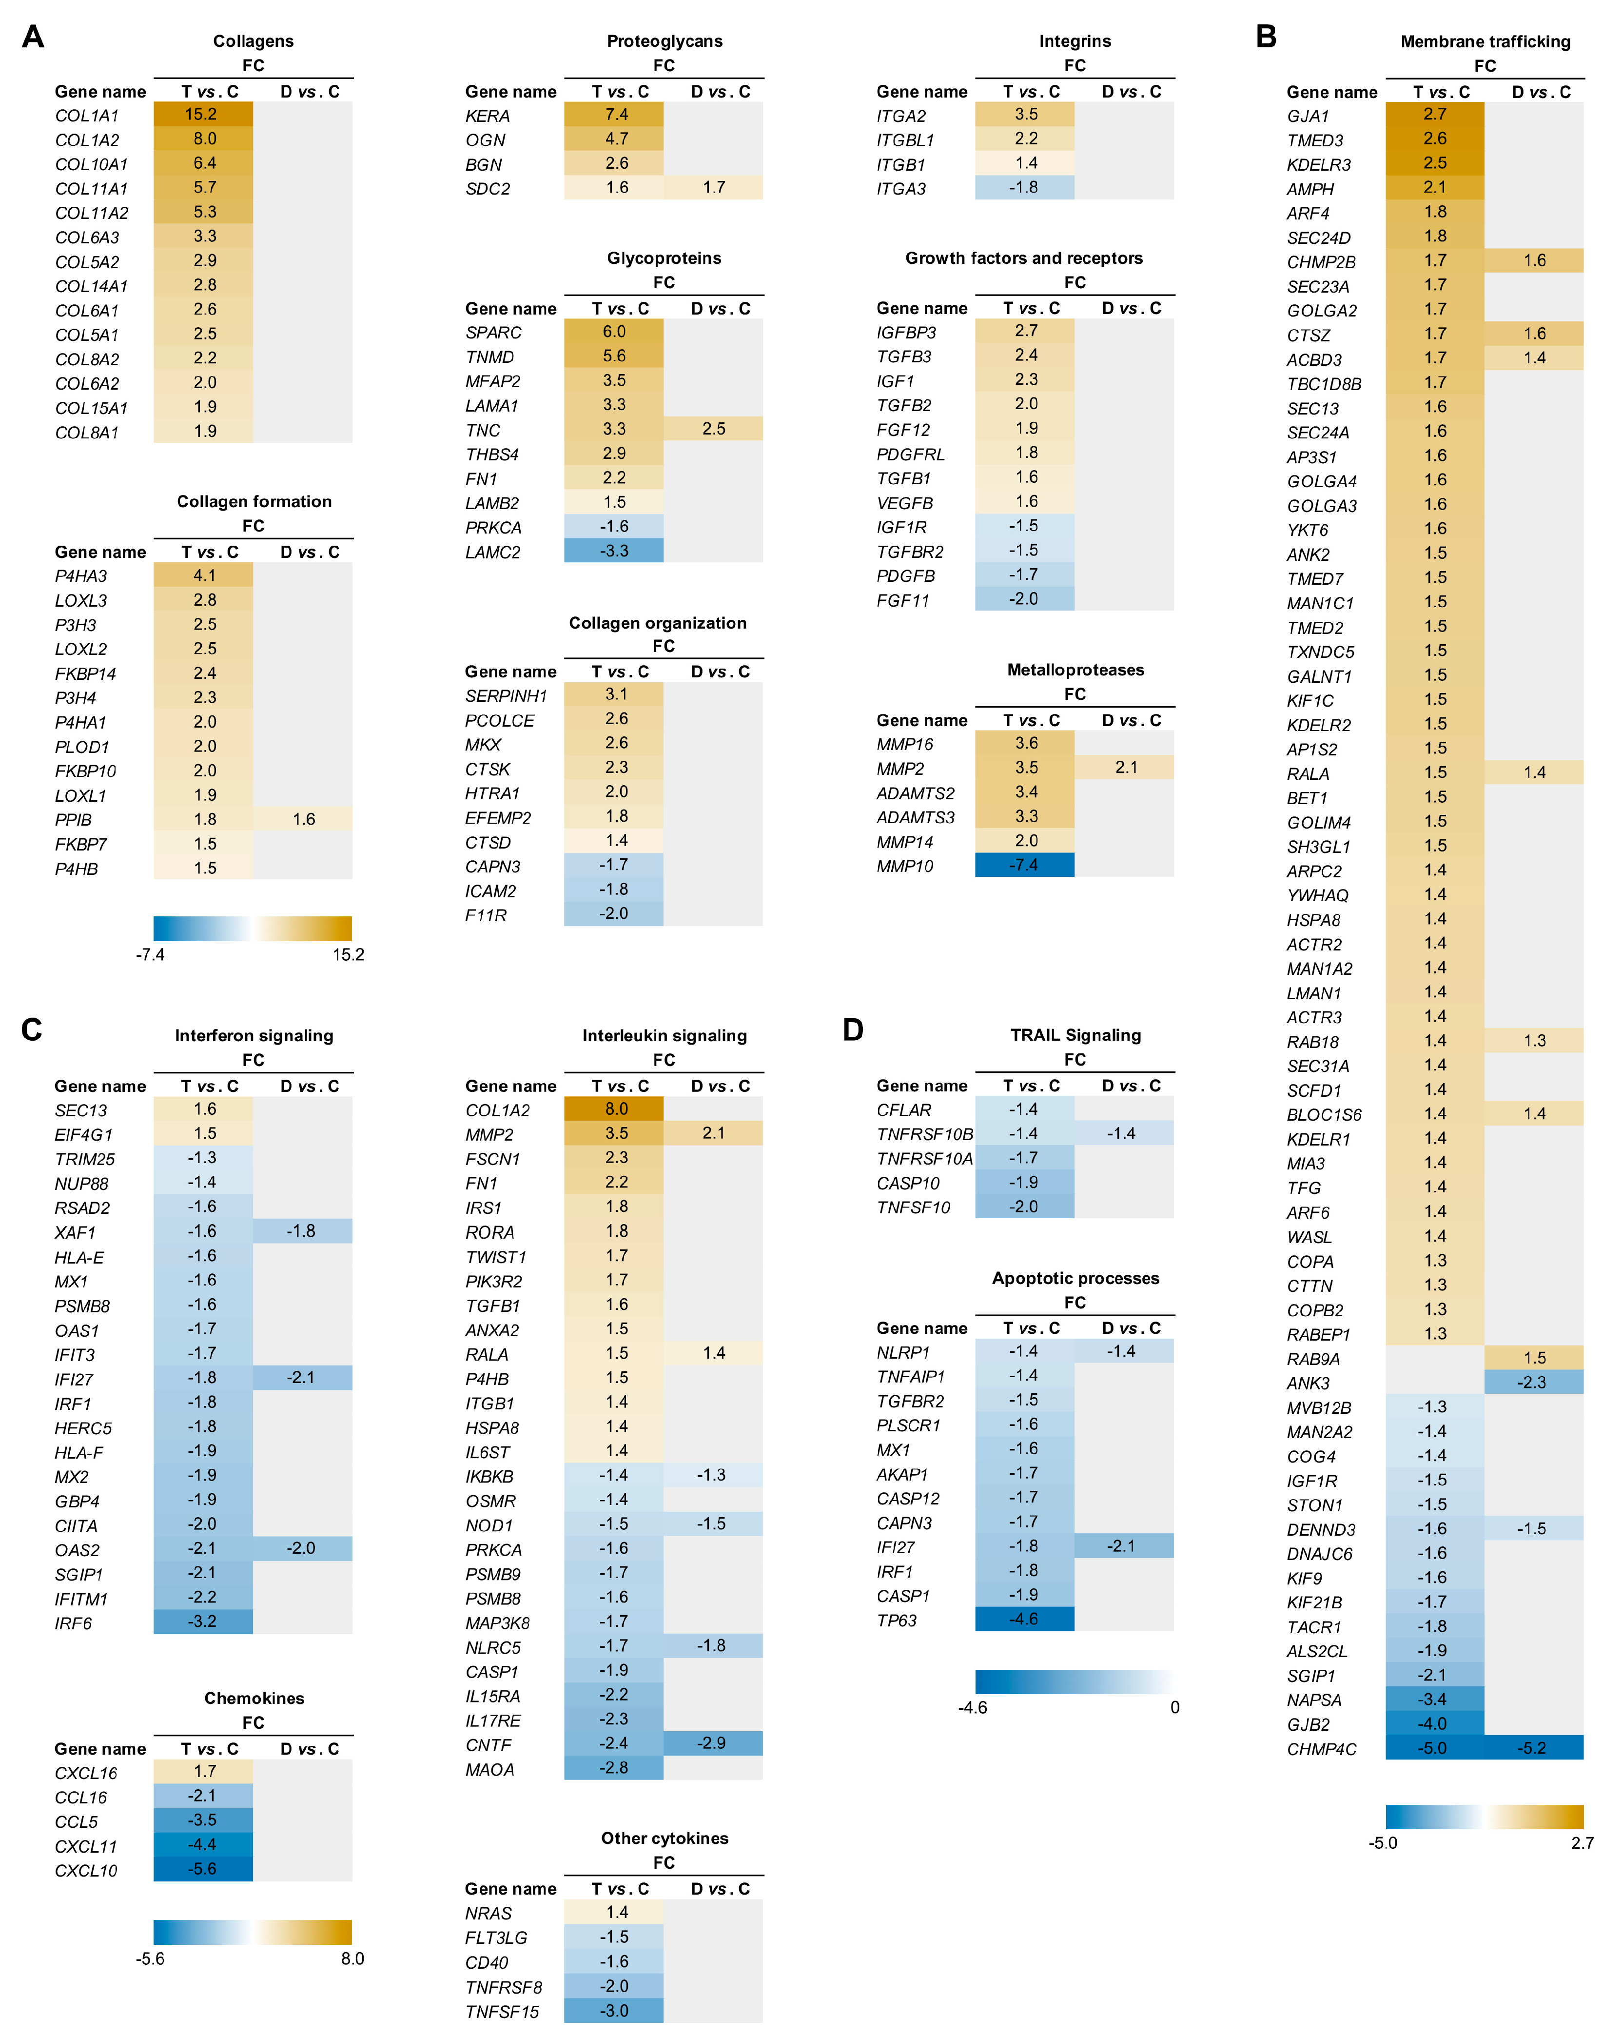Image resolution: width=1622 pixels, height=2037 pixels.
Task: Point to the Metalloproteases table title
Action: (1075, 670)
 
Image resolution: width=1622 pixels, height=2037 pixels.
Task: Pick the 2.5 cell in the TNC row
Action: (713, 429)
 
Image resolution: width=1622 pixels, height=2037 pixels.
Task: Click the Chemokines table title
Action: (254, 1698)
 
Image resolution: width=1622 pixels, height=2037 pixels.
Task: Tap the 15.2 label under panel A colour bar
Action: (348, 954)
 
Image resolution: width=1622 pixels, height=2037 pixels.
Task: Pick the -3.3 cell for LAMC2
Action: (614, 551)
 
